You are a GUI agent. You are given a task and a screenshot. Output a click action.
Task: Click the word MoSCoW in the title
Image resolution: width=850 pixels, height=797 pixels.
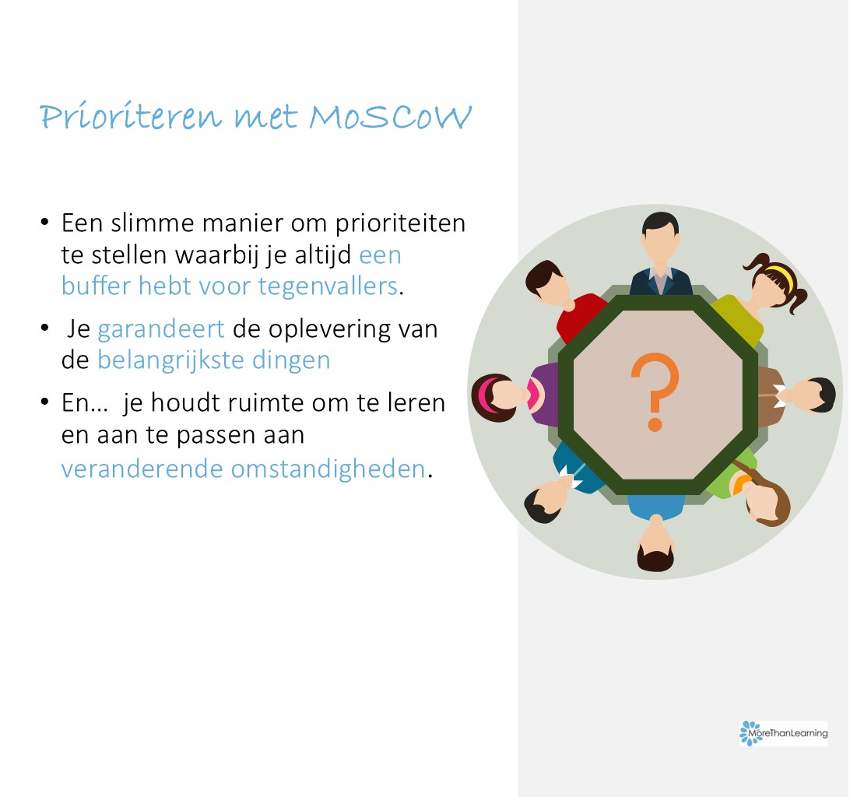point(390,116)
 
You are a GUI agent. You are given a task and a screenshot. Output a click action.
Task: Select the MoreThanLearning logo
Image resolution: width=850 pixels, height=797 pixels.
point(783,733)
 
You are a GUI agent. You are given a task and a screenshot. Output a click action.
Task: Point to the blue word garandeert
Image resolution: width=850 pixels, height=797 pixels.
point(161,329)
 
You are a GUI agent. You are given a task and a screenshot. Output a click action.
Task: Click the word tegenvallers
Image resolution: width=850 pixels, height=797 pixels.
point(328,286)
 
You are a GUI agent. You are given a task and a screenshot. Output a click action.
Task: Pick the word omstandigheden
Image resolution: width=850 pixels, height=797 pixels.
point(328,469)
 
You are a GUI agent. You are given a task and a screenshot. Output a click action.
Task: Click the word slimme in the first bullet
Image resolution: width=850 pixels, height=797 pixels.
point(153,223)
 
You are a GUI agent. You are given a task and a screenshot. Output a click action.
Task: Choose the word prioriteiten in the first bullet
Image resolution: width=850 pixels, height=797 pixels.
point(400,223)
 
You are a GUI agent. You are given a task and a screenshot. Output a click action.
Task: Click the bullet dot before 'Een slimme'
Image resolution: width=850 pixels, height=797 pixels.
point(45,222)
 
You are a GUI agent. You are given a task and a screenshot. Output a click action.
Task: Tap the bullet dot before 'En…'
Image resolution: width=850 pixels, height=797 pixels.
point(45,402)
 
